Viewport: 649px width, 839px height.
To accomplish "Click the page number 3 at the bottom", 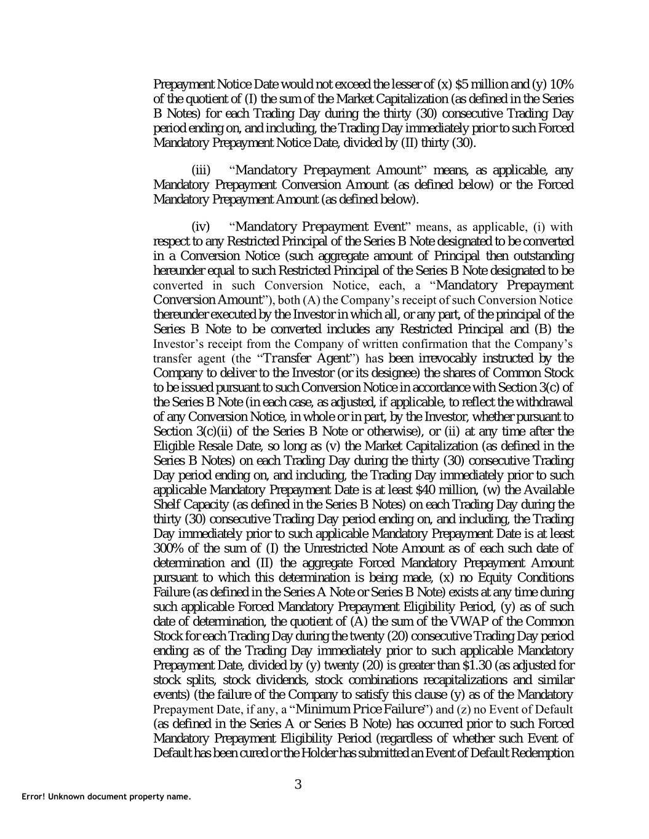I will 298,784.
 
